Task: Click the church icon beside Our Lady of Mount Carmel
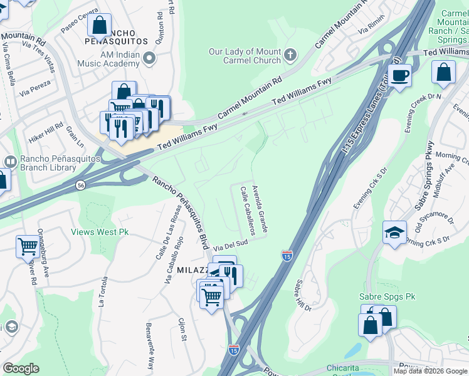click(290, 55)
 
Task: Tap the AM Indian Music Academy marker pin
click(149, 58)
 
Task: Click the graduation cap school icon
click(394, 233)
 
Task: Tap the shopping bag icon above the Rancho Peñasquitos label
click(99, 26)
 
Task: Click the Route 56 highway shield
click(81, 185)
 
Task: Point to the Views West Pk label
click(100, 232)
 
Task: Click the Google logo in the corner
click(21, 368)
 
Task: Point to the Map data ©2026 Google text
click(430, 371)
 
